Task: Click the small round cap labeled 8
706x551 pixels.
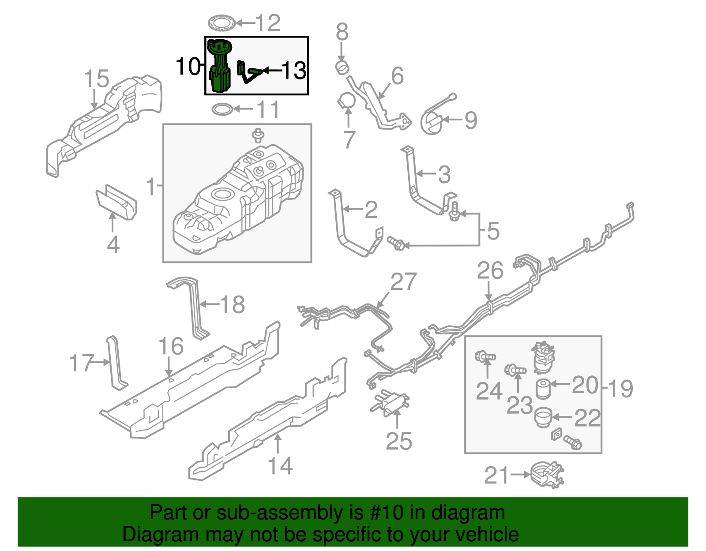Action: [342, 68]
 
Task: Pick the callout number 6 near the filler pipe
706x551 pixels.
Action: [397, 76]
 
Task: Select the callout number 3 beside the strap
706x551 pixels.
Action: [444, 175]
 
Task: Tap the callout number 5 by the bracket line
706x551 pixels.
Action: [492, 230]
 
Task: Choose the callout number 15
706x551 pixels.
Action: [97, 79]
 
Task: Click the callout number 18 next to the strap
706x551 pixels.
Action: [232, 304]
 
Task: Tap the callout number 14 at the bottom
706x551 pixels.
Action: [280, 466]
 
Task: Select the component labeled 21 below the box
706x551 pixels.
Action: [547, 475]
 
